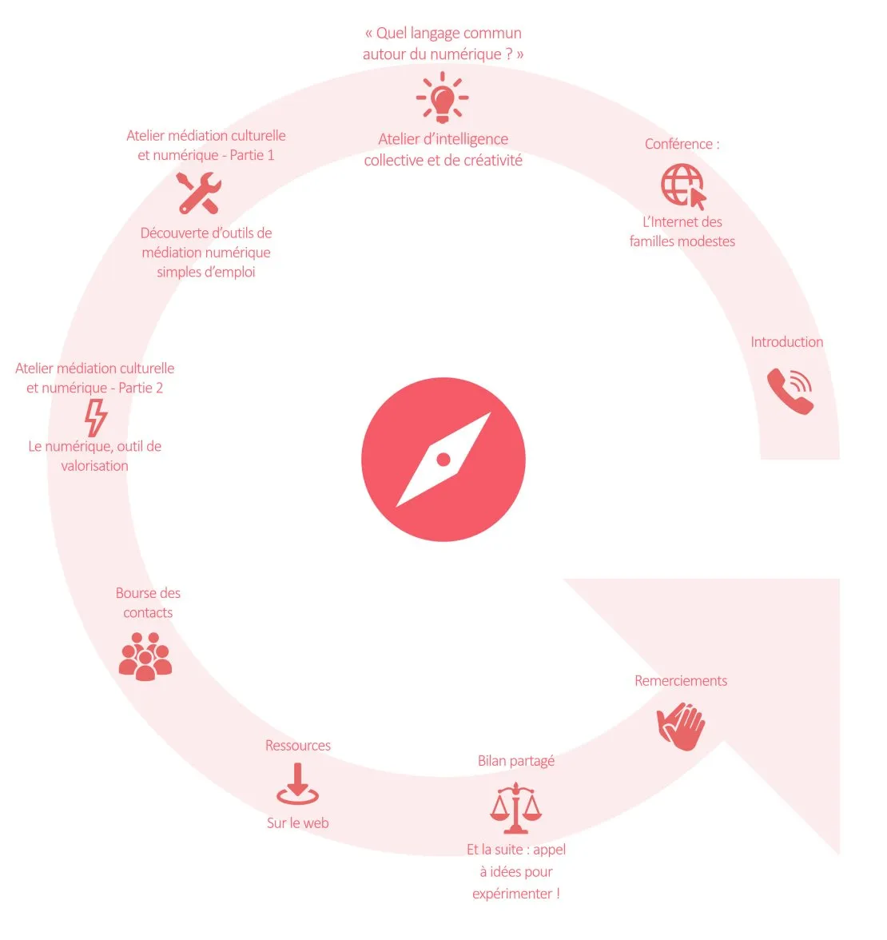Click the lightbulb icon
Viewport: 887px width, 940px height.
pyautogui.click(x=443, y=98)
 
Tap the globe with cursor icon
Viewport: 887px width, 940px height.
pyautogui.click(x=682, y=185)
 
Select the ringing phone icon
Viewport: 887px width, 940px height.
pyautogui.click(x=790, y=391)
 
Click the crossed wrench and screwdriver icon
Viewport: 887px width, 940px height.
pyautogui.click(x=199, y=193)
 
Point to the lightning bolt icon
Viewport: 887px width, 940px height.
pyautogui.click(x=95, y=418)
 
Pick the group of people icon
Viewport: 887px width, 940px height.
pyautogui.click(x=145, y=656)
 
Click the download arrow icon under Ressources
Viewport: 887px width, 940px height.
pyautogui.click(x=297, y=783)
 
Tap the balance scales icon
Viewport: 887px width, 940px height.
pyautogui.click(x=515, y=808)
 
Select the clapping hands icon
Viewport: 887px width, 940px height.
pyautogui.click(x=681, y=726)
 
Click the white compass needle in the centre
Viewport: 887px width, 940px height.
pyautogui.click(x=444, y=460)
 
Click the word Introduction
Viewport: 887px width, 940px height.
pyautogui.click(x=787, y=342)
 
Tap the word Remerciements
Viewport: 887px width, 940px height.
pyautogui.click(x=681, y=680)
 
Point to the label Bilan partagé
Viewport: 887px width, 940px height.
pyautogui.click(x=516, y=761)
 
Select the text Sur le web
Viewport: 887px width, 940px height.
pyautogui.click(x=298, y=822)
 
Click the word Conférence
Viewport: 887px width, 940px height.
pyautogui.click(x=678, y=144)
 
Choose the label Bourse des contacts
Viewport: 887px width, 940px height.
pyautogui.click(x=148, y=603)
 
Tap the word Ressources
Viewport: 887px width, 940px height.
pyautogui.click(x=298, y=745)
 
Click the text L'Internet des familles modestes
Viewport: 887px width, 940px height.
pyautogui.click(x=682, y=232)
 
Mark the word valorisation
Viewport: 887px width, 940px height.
pyautogui.click(x=94, y=466)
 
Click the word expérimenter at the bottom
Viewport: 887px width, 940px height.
pyautogui.click(x=511, y=894)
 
